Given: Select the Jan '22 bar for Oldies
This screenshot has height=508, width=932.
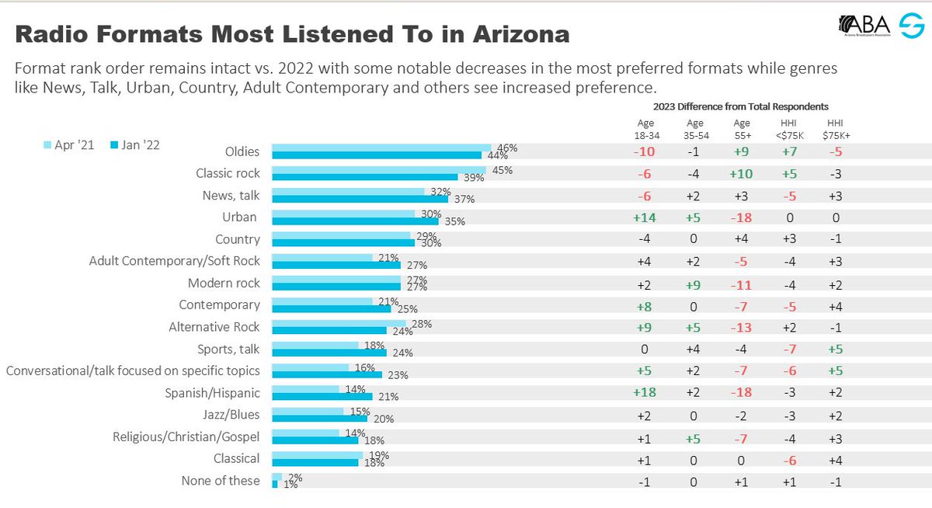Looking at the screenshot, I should (x=376, y=155).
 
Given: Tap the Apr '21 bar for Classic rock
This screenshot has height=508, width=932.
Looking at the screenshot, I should (x=378, y=169).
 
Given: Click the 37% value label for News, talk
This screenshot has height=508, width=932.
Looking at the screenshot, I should (x=464, y=199).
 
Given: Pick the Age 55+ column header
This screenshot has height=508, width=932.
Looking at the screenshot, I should (x=742, y=128).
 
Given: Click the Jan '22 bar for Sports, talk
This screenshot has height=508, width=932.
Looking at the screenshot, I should (x=329, y=353).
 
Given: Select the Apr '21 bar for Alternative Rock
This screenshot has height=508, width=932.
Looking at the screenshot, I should (x=338, y=322).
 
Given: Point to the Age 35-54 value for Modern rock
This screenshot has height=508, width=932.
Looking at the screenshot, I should (x=694, y=284).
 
